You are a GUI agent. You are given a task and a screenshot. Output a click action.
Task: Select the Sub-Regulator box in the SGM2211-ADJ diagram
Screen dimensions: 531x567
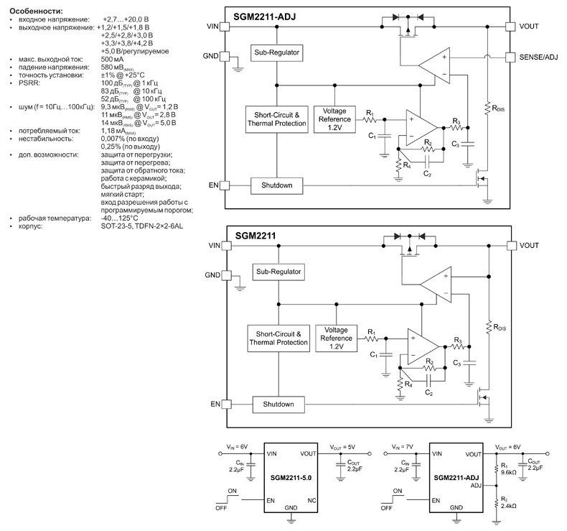point(276,53)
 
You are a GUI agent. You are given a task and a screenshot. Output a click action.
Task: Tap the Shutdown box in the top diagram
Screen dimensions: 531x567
point(276,186)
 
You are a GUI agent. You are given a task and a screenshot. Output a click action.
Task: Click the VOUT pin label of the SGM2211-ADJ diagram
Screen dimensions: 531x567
point(530,27)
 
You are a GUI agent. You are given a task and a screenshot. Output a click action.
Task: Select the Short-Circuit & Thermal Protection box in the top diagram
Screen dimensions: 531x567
point(276,119)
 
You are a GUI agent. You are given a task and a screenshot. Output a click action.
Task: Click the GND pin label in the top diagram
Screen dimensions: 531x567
point(211,56)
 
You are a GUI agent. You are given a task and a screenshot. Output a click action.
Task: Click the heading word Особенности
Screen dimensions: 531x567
point(35,10)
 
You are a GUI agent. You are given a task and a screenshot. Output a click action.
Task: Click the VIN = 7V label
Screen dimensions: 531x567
point(399,447)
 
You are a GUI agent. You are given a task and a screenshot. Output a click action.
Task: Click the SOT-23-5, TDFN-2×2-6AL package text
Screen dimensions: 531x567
point(142,226)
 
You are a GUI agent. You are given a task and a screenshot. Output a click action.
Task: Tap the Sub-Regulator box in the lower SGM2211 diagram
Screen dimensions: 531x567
point(277,272)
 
